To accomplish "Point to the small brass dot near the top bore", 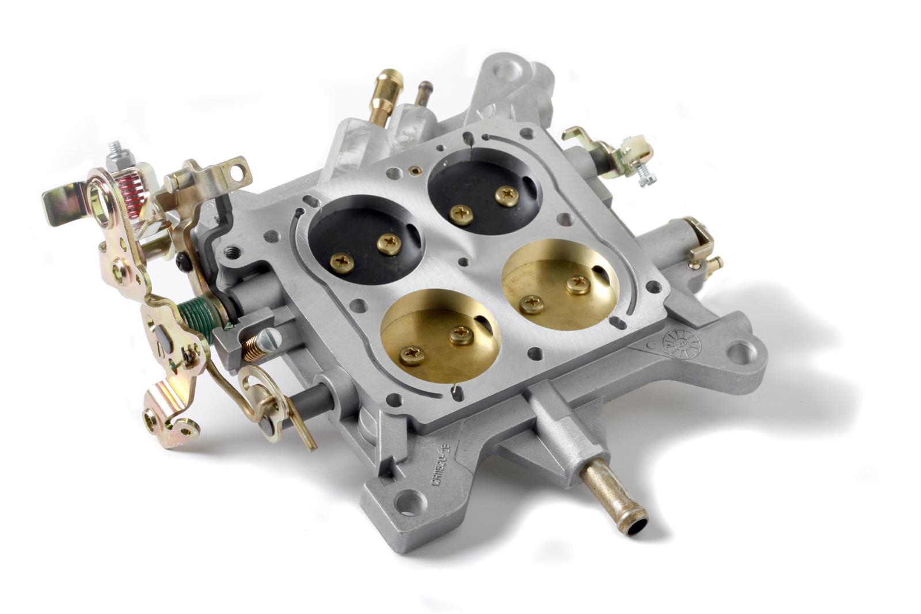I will tap(413, 170).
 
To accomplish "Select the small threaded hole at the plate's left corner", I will tap(233, 252).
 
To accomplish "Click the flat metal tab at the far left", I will tap(58, 207).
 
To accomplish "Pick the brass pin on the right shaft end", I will tap(716, 264).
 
